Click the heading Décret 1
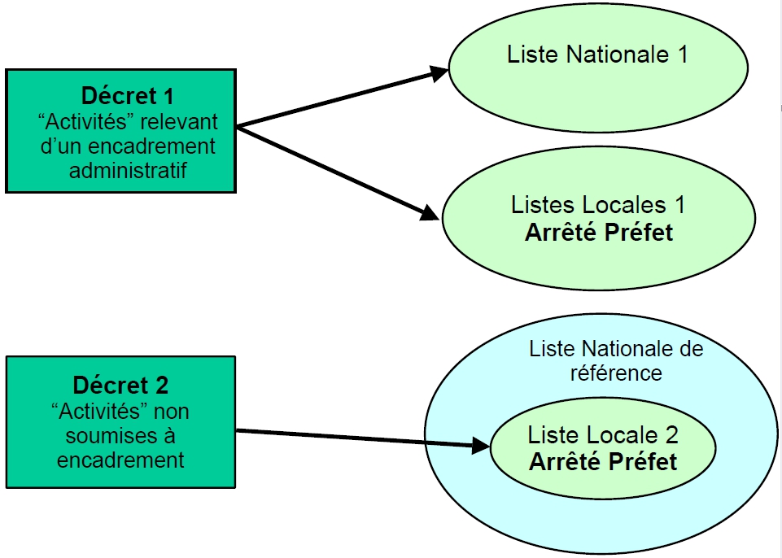[128, 96]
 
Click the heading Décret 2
[120, 385]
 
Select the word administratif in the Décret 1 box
[127, 170]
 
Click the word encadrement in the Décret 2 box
[120, 459]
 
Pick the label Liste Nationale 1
[597, 54]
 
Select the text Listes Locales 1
[598, 205]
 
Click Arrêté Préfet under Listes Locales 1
[599, 232]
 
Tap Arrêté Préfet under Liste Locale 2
[603, 461]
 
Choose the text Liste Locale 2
[603, 435]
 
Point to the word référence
[617, 373]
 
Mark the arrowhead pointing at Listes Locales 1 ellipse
[430, 215]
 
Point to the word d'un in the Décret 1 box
[59, 146]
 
